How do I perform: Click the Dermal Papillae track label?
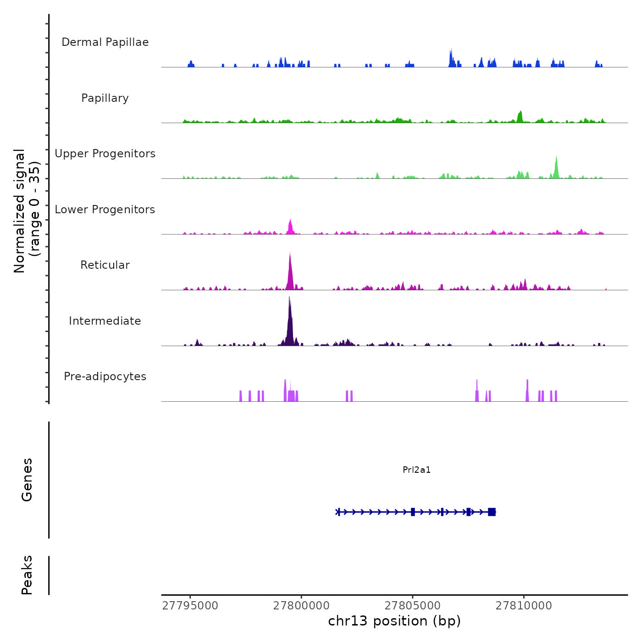[x=105, y=42]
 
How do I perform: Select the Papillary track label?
[x=105, y=98]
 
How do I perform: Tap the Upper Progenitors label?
[x=105, y=154]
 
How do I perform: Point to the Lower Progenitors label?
[x=105, y=210]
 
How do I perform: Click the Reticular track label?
[x=105, y=265]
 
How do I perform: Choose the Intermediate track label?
[x=105, y=321]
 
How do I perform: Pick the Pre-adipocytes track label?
[x=105, y=376]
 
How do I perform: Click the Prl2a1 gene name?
[x=416, y=470]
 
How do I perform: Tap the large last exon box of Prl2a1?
[x=492, y=512]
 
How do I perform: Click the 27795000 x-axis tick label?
[x=190, y=605]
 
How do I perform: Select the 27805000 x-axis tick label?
[x=413, y=605]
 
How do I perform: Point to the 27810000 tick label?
[x=524, y=605]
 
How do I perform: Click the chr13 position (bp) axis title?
[x=394, y=621]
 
